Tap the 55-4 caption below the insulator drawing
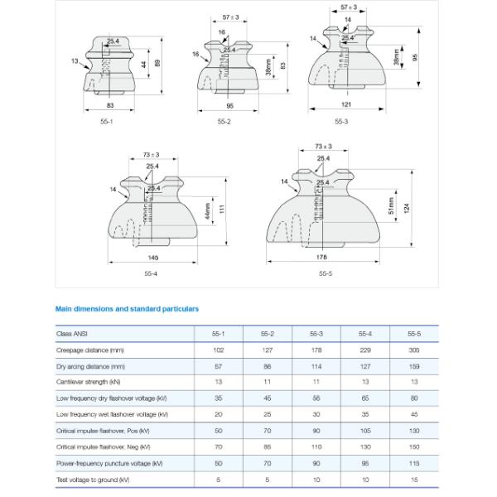coord(150,274)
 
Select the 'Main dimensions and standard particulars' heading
coord(127,308)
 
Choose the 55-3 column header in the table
coord(316,334)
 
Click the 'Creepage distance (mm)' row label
coord(90,350)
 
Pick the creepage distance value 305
coord(414,350)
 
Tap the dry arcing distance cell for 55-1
coord(219,366)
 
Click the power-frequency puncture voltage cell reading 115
coord(414,463)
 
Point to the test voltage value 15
coord(414,480)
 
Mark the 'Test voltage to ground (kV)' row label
coord(93,480)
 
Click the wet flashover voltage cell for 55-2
coord(268,414)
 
